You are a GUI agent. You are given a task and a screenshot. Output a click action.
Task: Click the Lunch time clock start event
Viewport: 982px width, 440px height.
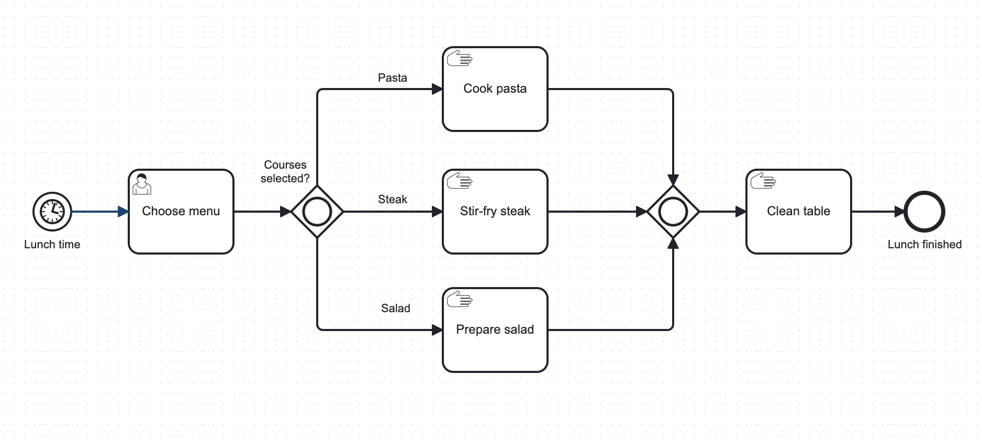click(x=52, y=212)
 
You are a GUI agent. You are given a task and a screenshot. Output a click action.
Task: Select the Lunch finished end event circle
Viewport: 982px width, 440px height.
click(x=924, y=212)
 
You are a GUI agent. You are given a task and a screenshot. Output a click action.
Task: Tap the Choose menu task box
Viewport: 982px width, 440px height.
click(x=181, y=225)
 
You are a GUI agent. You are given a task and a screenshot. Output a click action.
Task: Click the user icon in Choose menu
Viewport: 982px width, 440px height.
click(x=141, y=184)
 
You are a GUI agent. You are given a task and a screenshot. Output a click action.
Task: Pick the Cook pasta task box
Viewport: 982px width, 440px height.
click(x=495, y=105)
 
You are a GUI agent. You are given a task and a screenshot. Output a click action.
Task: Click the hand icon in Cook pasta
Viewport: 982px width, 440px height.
click(x=460, y=59)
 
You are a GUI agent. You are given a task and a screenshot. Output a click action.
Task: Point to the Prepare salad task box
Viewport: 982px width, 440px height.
click(x=495, y=346)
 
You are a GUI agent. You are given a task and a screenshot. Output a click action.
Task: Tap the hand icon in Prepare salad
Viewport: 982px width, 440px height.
click(x=460, y=299)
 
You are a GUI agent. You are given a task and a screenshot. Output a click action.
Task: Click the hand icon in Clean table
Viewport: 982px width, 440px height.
click(x=763, y=181)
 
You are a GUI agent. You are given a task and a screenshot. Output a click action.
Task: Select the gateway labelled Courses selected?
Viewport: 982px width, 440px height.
click(x=317, y=212)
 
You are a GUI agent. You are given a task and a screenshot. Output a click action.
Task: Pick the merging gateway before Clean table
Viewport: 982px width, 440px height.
click(x=673, y=212)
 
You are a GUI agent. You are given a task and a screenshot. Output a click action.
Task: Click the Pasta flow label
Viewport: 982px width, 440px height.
click(x=392, y=78)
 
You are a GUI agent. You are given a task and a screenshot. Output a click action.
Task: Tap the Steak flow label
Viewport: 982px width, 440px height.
click(x=392, y=200)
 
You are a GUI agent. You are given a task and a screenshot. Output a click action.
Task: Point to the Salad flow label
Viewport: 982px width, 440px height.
click(x=395, y=309)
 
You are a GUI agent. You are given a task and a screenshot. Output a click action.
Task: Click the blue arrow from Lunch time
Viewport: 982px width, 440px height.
click(x=97, y=212)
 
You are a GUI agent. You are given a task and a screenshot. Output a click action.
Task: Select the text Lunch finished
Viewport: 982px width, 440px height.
click(x=924, y=245)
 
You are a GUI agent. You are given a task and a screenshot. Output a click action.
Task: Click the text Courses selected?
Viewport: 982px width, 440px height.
click(x=285, y=172)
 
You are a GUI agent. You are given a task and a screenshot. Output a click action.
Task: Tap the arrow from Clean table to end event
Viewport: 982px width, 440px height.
click(x=877, y=212)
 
